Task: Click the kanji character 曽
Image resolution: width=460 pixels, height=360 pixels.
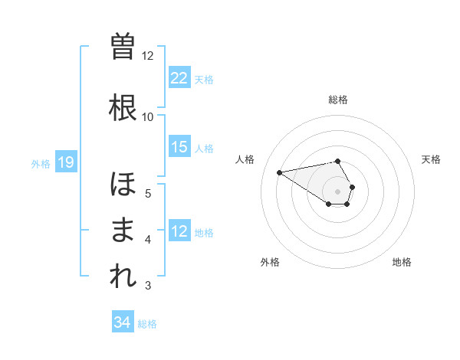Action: [123, 47]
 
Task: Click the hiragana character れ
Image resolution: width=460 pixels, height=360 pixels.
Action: [123, 277]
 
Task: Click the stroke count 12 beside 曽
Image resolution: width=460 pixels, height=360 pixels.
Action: [148, 56]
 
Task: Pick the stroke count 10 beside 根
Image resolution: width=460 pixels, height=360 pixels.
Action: [148, 117]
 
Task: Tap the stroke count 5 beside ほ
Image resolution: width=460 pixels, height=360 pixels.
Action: [148, 193]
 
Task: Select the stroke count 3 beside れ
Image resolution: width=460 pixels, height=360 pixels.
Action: [148, 286]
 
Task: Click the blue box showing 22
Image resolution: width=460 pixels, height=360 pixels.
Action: [179, 77]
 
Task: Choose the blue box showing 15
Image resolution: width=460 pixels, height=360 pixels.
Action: [179, 147]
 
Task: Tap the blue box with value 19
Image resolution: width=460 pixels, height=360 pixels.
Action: [65, 162]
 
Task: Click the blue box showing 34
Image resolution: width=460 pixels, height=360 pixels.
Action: [122, 322]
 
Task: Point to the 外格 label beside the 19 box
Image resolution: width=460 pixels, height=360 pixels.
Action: [41, 163]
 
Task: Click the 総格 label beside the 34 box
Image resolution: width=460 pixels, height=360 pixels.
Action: [147, 324]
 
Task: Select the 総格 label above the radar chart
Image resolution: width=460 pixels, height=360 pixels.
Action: [338, 100]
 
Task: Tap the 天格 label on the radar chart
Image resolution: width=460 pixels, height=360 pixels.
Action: [432, 159]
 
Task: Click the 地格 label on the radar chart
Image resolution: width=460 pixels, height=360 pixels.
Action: [402, 262]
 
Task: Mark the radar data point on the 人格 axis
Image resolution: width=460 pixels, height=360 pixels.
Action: [280, 172]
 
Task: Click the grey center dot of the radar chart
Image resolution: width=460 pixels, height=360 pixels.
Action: [338, 191]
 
